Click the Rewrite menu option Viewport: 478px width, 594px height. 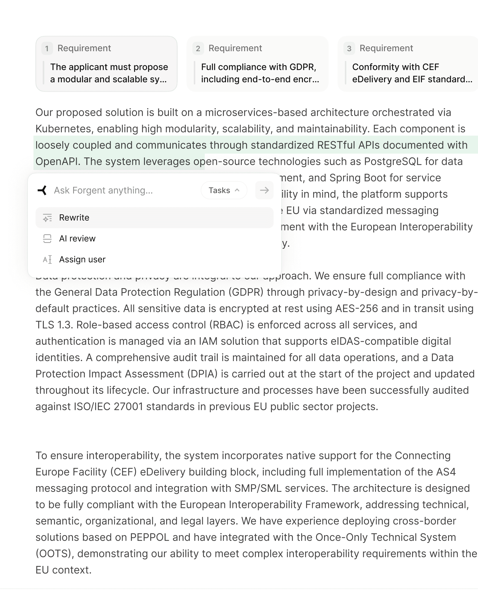pyautogui.click(x=74, y=218)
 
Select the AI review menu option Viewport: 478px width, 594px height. pyautogui.click(x=77, y=239)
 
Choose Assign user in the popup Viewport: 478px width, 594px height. pyautogui.click(x=82, y=260)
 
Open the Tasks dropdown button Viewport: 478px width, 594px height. pyautogui.click(x=224, y=190)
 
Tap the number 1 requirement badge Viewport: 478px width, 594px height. pyautogui.click(x=47, y=48)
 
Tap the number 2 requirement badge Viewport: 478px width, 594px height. pyautogui.click(x=198, y=48)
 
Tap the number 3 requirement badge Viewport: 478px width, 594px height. pyautogui.click(x=349, y=48)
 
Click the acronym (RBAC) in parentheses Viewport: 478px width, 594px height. pyautogui.click(x=226, y=325)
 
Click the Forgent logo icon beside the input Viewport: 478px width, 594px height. pyautogui.click(x=42, y=190)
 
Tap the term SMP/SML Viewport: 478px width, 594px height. pyautogui.click(x=258, y=488)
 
